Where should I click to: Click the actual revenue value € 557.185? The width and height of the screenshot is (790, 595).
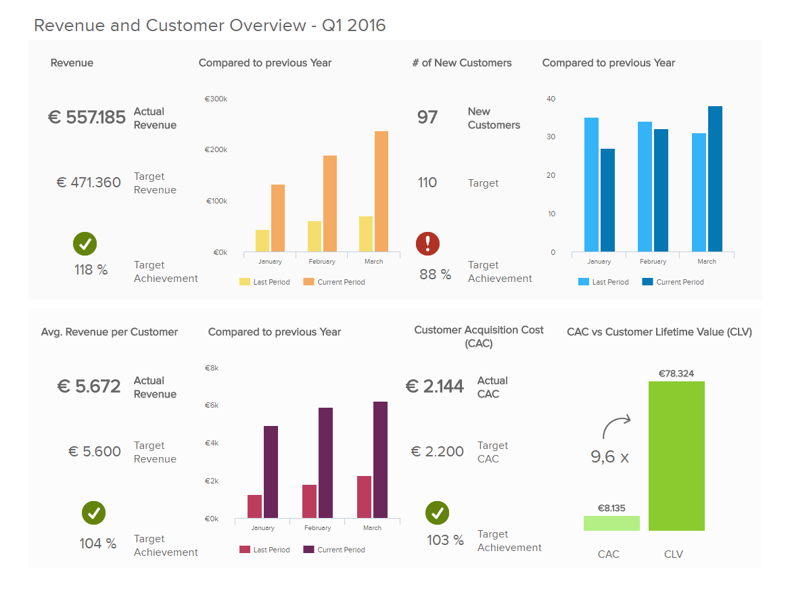pyautogui.click(x=87, y=118)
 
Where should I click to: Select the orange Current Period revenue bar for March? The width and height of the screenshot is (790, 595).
pyautogui.click(x=381, y=191)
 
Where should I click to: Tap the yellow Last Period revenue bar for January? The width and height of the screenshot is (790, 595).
pyautogui.click(x=262, y=241)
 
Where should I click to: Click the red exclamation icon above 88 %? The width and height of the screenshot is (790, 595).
pyautogui.click(x=427, y=243)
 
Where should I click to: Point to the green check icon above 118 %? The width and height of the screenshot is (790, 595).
pyautogui.click(x=85, y=243)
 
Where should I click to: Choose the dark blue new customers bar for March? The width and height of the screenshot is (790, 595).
pyautogui.click(x=715, y=179)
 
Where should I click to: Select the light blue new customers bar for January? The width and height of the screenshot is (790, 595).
pyautogui.click(x=592, y=185)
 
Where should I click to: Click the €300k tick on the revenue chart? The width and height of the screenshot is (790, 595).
pyautogui.click(x=216, y=99)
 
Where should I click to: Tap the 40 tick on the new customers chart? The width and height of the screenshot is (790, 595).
pyautogui.click(x=551, y=99)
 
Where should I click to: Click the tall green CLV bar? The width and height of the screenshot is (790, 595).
pyautogui.click(x=676, y=456)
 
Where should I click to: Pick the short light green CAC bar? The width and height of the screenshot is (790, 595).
pyautogui.click(x=611, y=523)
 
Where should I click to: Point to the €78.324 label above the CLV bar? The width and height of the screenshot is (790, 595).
pyautogui.click(x=676, y=373)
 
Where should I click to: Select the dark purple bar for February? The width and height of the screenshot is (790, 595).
pyautogui.click(x=325, y=463)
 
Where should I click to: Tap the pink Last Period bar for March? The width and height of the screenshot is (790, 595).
pyautogui.click(x=364, y=497)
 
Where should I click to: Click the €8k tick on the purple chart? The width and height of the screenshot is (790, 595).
pyautogui.click(x=212, y=368)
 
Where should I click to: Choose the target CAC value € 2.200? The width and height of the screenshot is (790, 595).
pyautogui.click(x=438, y=452)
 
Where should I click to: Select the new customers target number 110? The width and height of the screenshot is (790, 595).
pyautogui.click(x=427, y=183)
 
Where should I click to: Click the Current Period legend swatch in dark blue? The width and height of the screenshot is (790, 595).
pyautogui.click(x=647, y=282)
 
